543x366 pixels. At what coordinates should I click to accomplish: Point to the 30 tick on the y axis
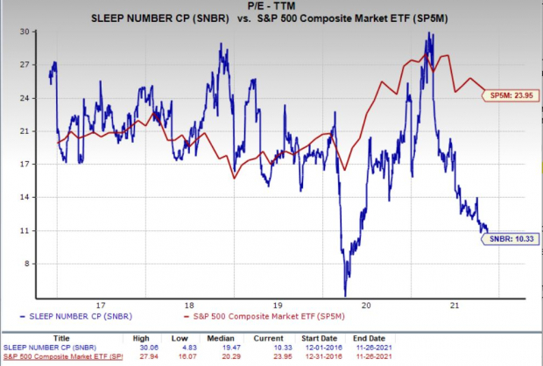pyautogui.click(x=26, y=31)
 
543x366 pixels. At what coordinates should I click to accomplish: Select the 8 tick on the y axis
pyautogui.click(x=29, y=264)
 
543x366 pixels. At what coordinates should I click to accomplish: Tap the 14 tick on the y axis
pyautogui.click(x=26, y=197)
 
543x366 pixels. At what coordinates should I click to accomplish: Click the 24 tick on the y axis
pyautogui.click(x=26, y=97)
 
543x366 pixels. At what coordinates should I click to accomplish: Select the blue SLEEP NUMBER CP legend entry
pyautogui.click(x=72, y=313)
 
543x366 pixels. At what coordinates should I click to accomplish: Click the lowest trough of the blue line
pyautogui.click(x=345, y=295)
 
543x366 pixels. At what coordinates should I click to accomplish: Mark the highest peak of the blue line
pyautogui.click(x=429, y=33)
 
